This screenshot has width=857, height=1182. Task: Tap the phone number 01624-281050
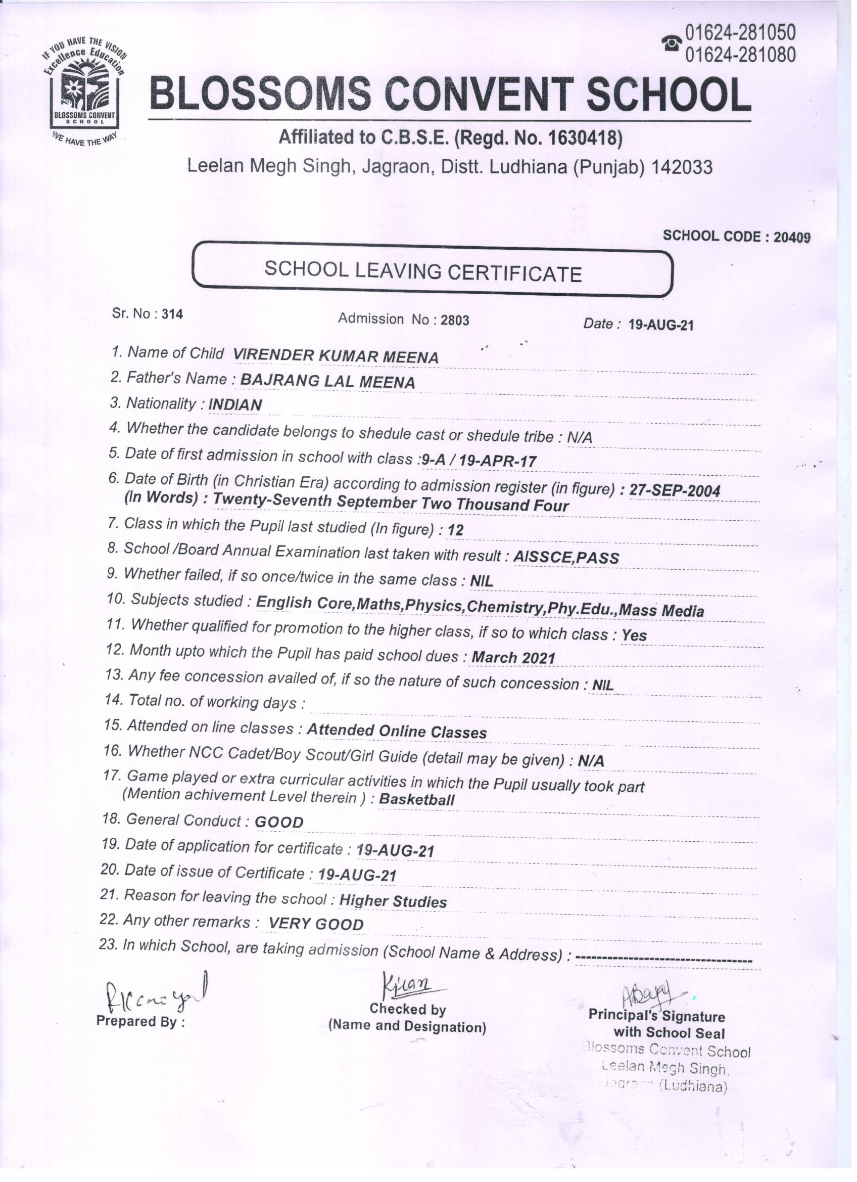click(740, 33)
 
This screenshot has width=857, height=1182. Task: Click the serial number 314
click(172, 314)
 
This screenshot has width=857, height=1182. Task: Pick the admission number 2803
click(455, 320)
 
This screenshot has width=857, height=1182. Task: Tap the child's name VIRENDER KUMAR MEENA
click(335, 356)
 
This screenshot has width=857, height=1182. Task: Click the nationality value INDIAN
click(235, 405)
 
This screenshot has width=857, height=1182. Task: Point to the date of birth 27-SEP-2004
click(675, 490)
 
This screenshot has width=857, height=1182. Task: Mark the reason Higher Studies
click(393, 901)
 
